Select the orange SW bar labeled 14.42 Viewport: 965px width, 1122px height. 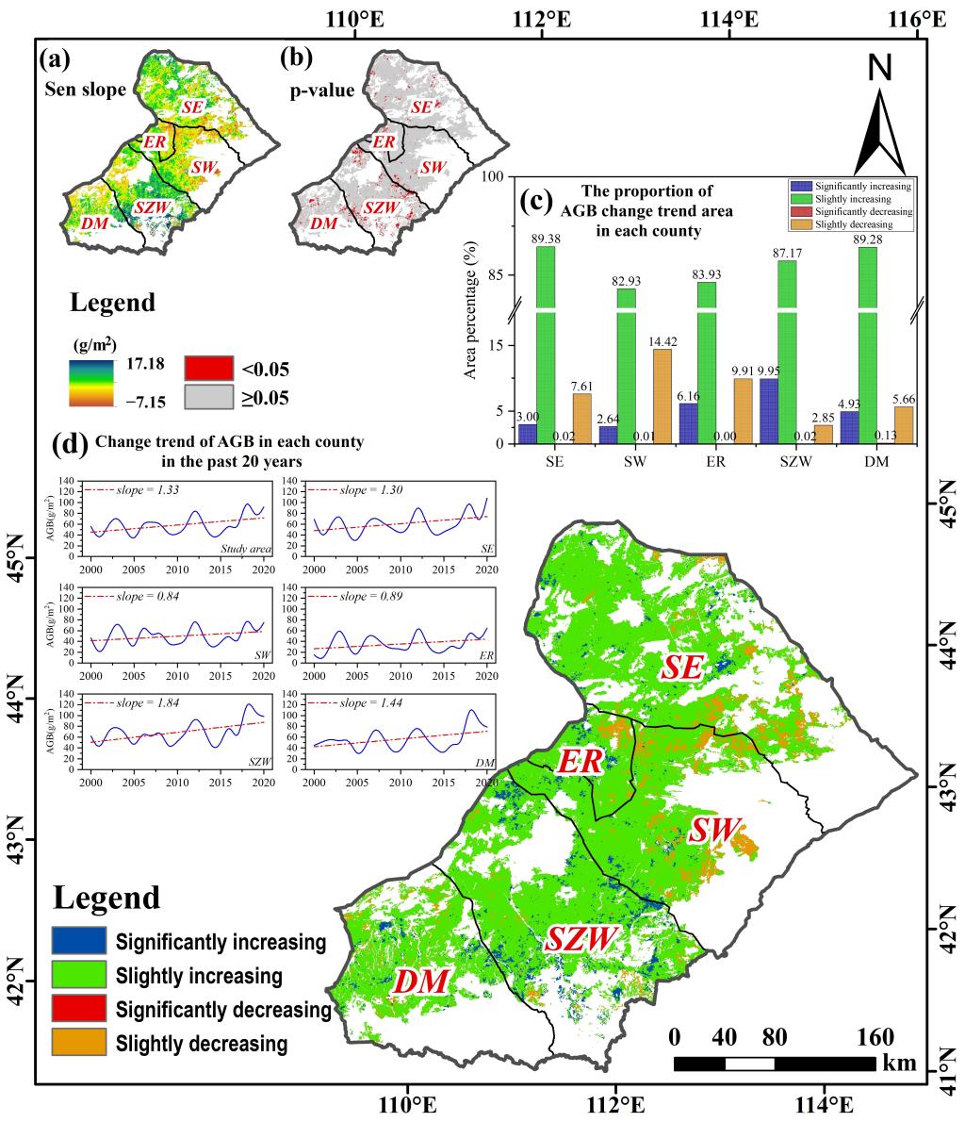pos(662,396)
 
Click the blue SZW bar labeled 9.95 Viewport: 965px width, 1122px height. pos(769,411)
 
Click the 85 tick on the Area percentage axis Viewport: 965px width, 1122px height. pos(499,274)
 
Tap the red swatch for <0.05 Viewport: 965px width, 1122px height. pos(205,368)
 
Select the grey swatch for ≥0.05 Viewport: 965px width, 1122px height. pos(205,398)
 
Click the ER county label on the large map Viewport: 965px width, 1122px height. pos(578,762)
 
